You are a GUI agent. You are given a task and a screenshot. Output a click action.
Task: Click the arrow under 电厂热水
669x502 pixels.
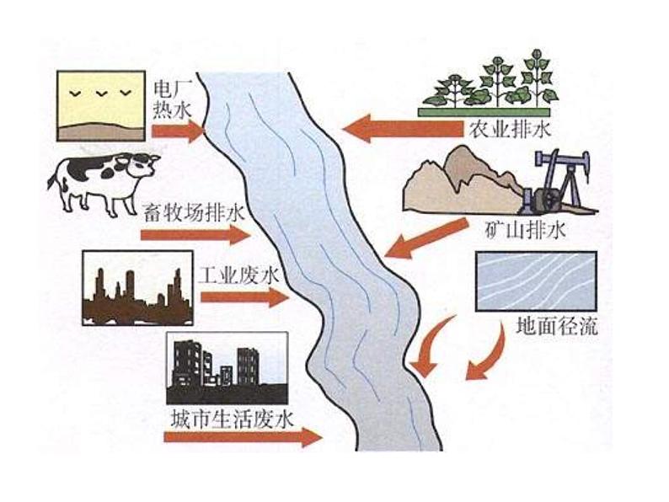(179, 131)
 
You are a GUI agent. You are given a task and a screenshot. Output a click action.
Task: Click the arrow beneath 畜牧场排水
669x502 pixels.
(195, 233)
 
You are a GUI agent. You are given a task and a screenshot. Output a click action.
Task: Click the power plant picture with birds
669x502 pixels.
(100, 104)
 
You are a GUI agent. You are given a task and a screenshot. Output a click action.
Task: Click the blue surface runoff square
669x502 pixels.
(537, 283)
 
